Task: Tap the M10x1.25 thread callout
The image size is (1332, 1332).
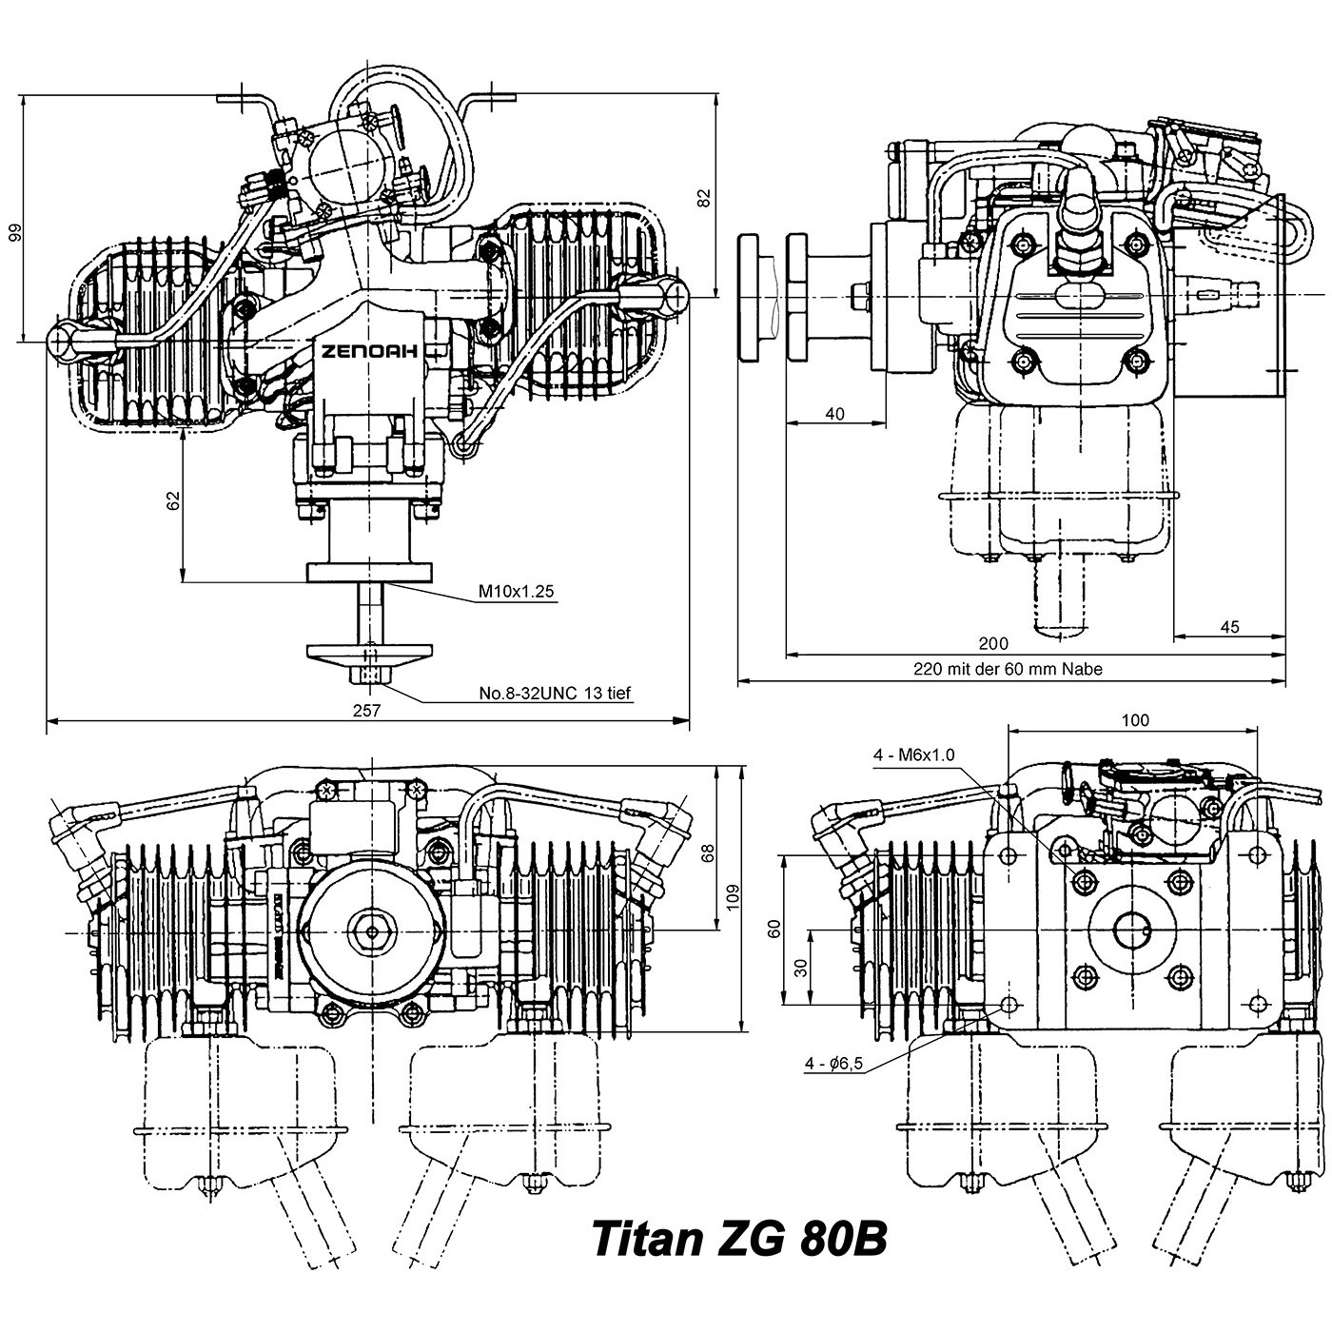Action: click(516, 592)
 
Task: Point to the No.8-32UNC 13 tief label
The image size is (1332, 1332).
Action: click(555, 694)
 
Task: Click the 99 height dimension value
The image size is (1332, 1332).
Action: click(14, 233)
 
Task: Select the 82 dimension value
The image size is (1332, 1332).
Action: click(704, 197)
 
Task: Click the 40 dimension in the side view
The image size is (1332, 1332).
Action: click(834, 414)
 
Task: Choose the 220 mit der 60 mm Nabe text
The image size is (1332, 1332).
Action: click(1008, 669)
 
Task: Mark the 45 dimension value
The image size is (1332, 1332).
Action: click(1229, 626)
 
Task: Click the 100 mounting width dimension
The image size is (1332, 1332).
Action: click(1135, 720)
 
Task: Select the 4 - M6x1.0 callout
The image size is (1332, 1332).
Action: click(913, 755)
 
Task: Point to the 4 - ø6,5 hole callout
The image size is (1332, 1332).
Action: click(833, 1064)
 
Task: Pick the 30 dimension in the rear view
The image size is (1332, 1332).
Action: click(801, 968)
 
